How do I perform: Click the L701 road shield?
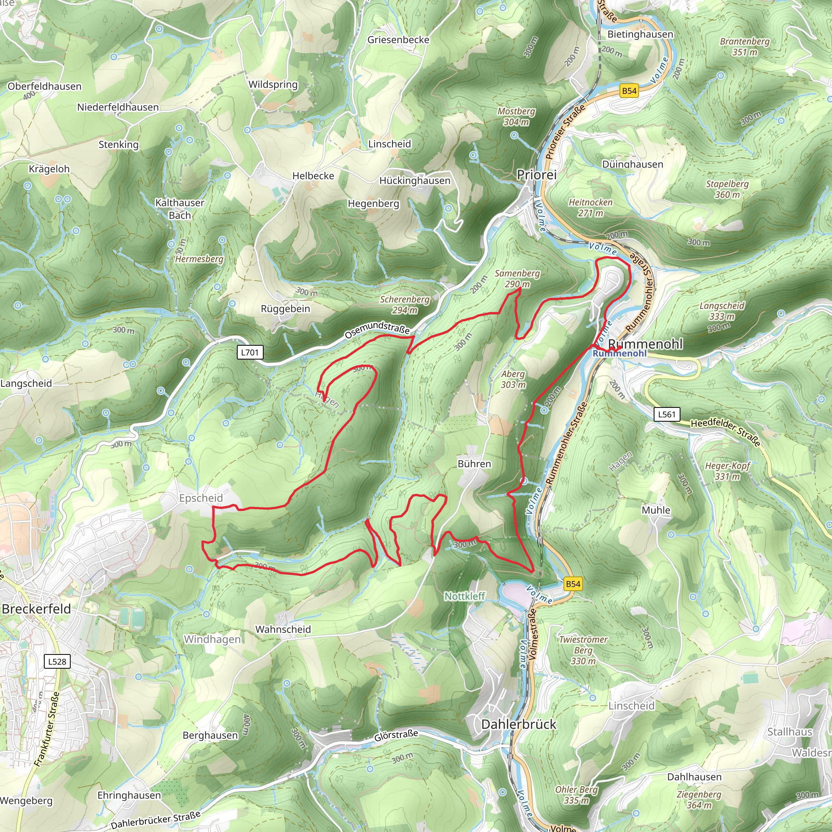250,352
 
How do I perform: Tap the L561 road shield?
667,414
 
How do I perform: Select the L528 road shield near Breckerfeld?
57,661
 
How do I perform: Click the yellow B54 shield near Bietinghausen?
629,91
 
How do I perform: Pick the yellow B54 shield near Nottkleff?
573,584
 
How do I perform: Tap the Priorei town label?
537,174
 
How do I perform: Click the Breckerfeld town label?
36,609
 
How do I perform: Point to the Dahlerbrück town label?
518,724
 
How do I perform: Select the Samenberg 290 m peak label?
517,279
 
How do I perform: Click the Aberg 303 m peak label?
513,379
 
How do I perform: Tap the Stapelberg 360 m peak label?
727,189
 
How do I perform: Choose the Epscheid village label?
201,498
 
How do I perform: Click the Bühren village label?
474,464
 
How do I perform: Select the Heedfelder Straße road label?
725,432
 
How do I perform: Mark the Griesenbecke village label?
399,40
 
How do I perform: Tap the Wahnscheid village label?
283,629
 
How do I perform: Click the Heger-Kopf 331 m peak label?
727,471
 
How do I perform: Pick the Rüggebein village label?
285,309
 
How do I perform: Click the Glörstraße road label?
396,735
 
